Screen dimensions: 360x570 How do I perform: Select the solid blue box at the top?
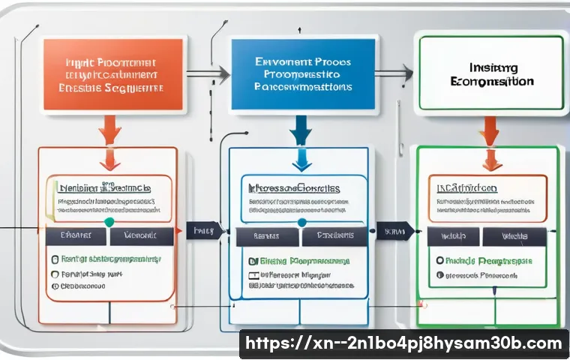tap(301, 72)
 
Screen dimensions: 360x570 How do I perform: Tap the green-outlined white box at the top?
tap(490, 73)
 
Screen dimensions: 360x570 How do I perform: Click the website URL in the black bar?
tap(403, 344)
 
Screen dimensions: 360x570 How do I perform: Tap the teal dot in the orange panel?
tap(109, 222)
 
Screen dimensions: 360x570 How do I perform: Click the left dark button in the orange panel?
tap(76, 235)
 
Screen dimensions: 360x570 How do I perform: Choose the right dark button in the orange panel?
tap(142, 235)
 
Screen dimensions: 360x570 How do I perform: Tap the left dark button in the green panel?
tap(451, 235)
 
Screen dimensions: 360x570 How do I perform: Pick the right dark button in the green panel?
tap(513, 235)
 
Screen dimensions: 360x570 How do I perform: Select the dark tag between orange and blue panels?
tap(203, 231)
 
